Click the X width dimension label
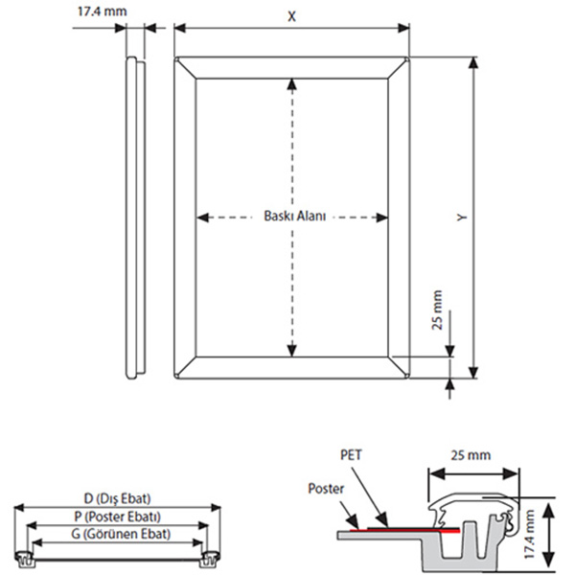click(291, 16)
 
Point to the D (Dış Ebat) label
click(117, 498)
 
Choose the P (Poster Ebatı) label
click(117, 516)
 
